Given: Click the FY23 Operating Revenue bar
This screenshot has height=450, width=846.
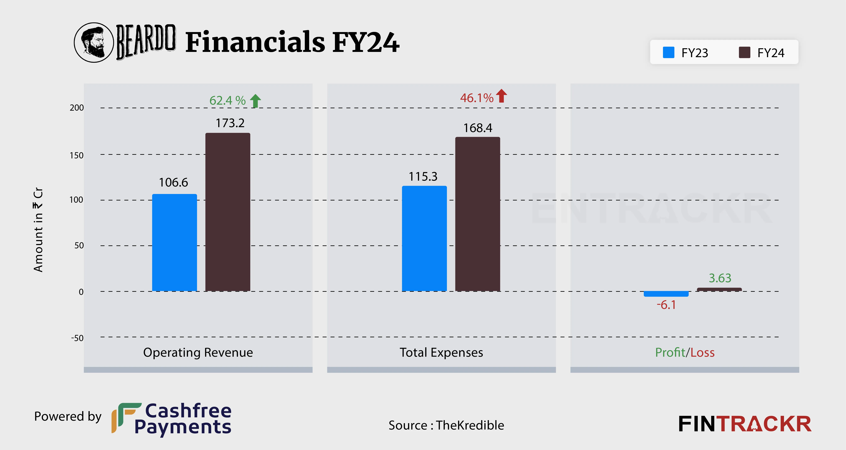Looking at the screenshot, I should point(174,243).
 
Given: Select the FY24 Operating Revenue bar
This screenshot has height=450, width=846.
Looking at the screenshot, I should point(228,212).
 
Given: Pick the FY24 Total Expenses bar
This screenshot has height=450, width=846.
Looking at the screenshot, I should point(478,214).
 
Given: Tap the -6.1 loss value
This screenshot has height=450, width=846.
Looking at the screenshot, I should point(666,305).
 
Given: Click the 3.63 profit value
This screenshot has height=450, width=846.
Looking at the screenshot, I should point(720,278).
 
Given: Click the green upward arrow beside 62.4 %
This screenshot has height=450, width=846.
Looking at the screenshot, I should point(256,101).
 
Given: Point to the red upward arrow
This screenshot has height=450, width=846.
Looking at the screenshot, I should point(502,96).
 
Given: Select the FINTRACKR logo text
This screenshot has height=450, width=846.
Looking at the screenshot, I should point(745,424).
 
